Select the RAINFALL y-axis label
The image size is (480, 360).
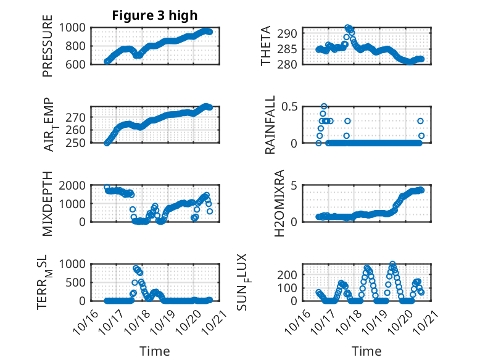coord(270,124)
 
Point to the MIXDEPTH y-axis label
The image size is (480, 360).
coord(48,203)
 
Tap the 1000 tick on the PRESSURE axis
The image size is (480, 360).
coord(76,28)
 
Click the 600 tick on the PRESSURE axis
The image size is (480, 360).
coord(79,64)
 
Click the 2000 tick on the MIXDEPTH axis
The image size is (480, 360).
coord(76,185)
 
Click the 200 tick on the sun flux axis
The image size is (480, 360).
coord(292,274)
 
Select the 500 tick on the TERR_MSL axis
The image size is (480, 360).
coord(79,282)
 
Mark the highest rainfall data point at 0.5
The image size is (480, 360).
coord(324,106)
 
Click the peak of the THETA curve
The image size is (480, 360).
coord(348,28)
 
